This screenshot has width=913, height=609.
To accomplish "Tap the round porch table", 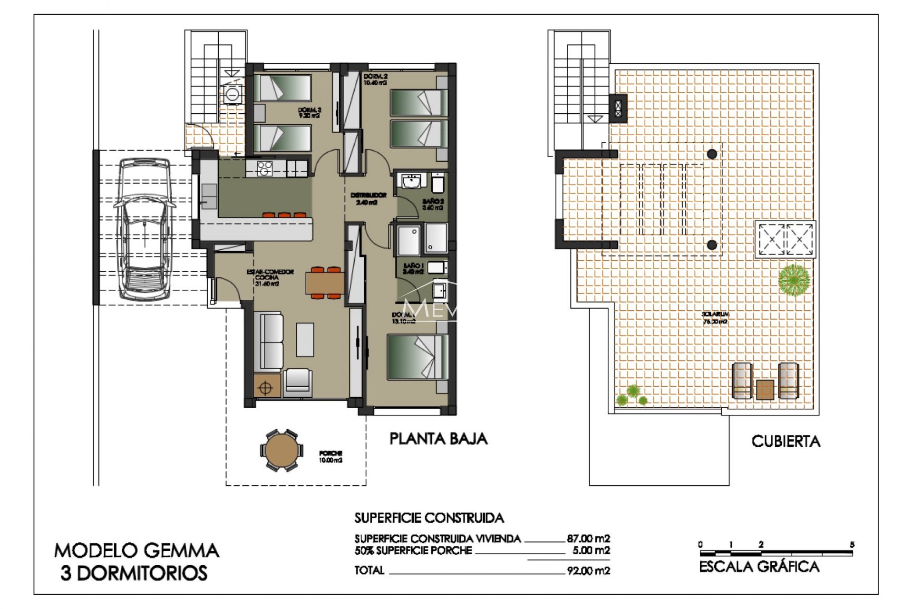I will [x=281, y=450].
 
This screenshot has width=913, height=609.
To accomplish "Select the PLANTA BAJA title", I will [x=438, y=439].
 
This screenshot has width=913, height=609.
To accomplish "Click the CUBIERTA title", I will [x=786, y=442].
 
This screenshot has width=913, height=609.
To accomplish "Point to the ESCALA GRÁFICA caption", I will [x=759, y=567].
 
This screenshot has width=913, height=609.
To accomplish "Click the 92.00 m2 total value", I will [x=588, y=570].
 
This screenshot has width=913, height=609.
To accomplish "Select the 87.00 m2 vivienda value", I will [x=588, y=539].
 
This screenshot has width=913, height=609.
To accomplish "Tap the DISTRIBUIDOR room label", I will [x=368, y=198].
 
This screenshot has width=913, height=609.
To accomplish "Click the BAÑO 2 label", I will [x=433, y=205].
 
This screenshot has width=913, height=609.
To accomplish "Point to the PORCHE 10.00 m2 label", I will [x=330, y=457].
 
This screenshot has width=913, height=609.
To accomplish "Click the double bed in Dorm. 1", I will [x=417, y=357].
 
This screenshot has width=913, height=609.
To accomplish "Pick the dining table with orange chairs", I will [x=325, y=283].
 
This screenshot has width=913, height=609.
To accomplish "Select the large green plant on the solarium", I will [x=794, y=280].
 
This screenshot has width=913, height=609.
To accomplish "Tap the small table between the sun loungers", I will [x=765, y=389].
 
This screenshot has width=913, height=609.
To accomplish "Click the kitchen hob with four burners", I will [x=264, y=168].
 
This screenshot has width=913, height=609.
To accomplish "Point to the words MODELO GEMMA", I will [x=136, y=550].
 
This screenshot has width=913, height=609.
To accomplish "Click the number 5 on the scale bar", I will [x=852, y=544].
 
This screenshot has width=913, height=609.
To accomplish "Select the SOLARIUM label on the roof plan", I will [x=715, y=317].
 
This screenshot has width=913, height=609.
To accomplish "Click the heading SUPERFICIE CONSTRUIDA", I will [x=428, y=518].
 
